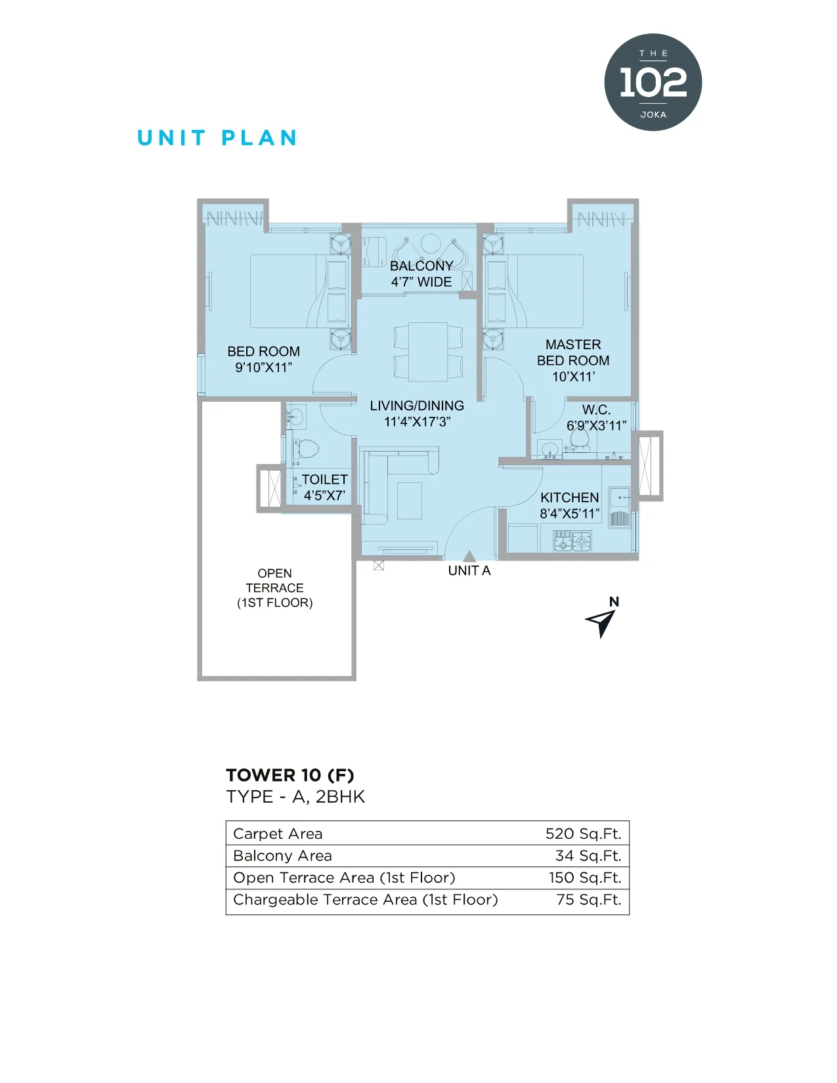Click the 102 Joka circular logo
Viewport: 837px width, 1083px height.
coord(653,82)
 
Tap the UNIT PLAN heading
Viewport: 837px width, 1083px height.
coord(217,138)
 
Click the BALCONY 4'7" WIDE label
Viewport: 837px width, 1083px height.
coord(421,274)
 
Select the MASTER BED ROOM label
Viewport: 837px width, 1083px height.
coord(573,360)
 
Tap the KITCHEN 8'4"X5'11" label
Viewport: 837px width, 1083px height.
coord(570,505)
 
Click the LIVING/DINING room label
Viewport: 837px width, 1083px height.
coord(418,413)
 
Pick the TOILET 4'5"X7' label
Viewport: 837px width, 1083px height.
coord(324,487)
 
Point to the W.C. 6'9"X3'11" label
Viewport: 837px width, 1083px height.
coord(596,417)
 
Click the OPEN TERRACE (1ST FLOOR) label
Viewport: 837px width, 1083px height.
coord(274,587)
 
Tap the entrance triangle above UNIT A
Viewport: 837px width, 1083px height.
coord(469,556)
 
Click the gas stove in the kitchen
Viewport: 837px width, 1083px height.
coord(572,541)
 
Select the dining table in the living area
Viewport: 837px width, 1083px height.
coord(428,351)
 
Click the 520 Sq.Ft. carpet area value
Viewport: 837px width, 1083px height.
coord(583,834)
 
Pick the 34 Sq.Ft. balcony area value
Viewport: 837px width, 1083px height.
coord(588,855)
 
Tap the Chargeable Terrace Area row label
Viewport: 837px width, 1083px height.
coord(366,900)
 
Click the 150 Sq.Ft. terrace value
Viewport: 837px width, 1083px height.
coord(586,877)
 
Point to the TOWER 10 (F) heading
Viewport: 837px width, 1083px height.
coord(290,776)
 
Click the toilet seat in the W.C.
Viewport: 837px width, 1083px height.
coord(579,438)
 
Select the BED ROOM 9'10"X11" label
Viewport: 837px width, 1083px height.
coord(264,359)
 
